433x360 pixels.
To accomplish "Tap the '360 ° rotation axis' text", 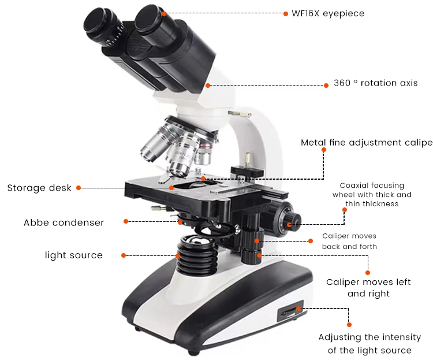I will click(375, 83).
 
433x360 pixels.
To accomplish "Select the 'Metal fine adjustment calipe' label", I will click(366, 143).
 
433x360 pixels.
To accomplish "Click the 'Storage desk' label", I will click(39, 188).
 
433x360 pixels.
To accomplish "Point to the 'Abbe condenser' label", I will click(64, 222).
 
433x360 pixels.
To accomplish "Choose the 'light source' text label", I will click(74, 255).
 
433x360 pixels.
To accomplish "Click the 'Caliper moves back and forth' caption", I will click(349, 242).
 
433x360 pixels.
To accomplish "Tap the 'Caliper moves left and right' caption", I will click(368, 288).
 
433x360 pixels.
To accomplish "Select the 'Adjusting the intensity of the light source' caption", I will click(369, 344).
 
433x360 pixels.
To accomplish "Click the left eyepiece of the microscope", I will click(104, 26).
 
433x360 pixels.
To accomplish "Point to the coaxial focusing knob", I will click(290, 220).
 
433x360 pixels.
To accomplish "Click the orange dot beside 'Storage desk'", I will click(79, 188).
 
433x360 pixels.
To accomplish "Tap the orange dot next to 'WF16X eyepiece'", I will click(285, 13).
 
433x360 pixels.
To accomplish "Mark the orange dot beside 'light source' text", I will click(123, 255).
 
